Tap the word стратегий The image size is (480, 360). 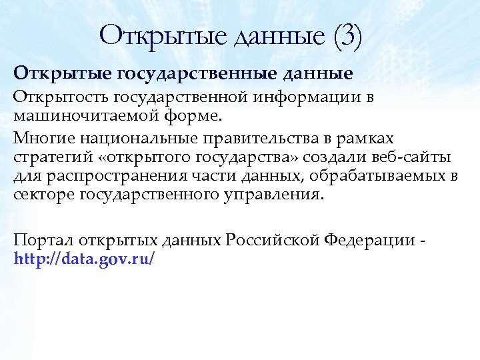49,157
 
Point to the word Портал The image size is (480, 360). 45,241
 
